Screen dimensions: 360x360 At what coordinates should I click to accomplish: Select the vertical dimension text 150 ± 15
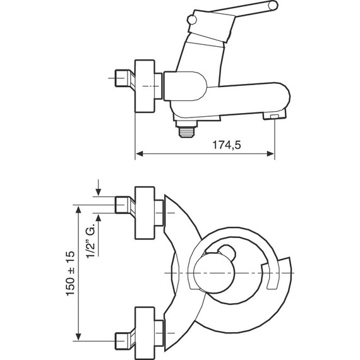pos(70,272)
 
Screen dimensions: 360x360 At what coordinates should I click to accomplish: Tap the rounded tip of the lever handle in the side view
pos(273,6)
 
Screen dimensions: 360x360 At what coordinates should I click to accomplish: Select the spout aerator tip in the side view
pos(275,116)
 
